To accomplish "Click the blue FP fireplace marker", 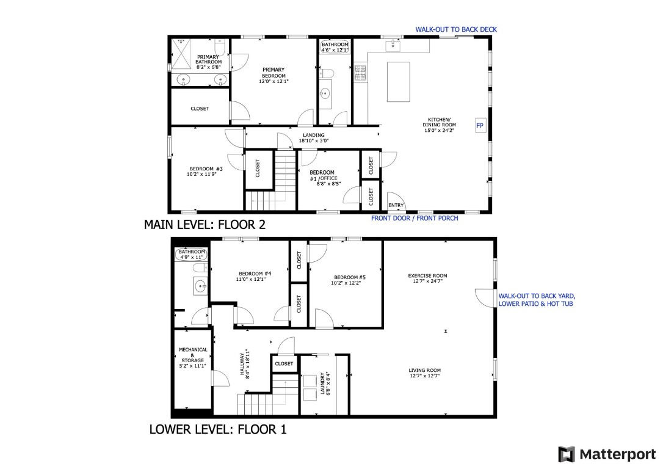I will coord(480,126).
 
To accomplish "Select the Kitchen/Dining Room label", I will coord(439,122).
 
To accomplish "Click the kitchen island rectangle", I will coord(399,81).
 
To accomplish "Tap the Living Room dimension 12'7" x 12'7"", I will coord(425,376).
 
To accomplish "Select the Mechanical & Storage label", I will coord(193,358).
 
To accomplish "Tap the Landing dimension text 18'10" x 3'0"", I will coord(314,141).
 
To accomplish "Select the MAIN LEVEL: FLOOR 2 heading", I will coord(205,225).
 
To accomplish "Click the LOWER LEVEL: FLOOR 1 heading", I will coord(217,429).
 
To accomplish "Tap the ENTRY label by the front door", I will coord(396,205).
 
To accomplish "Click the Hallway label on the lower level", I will coord(245,364).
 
